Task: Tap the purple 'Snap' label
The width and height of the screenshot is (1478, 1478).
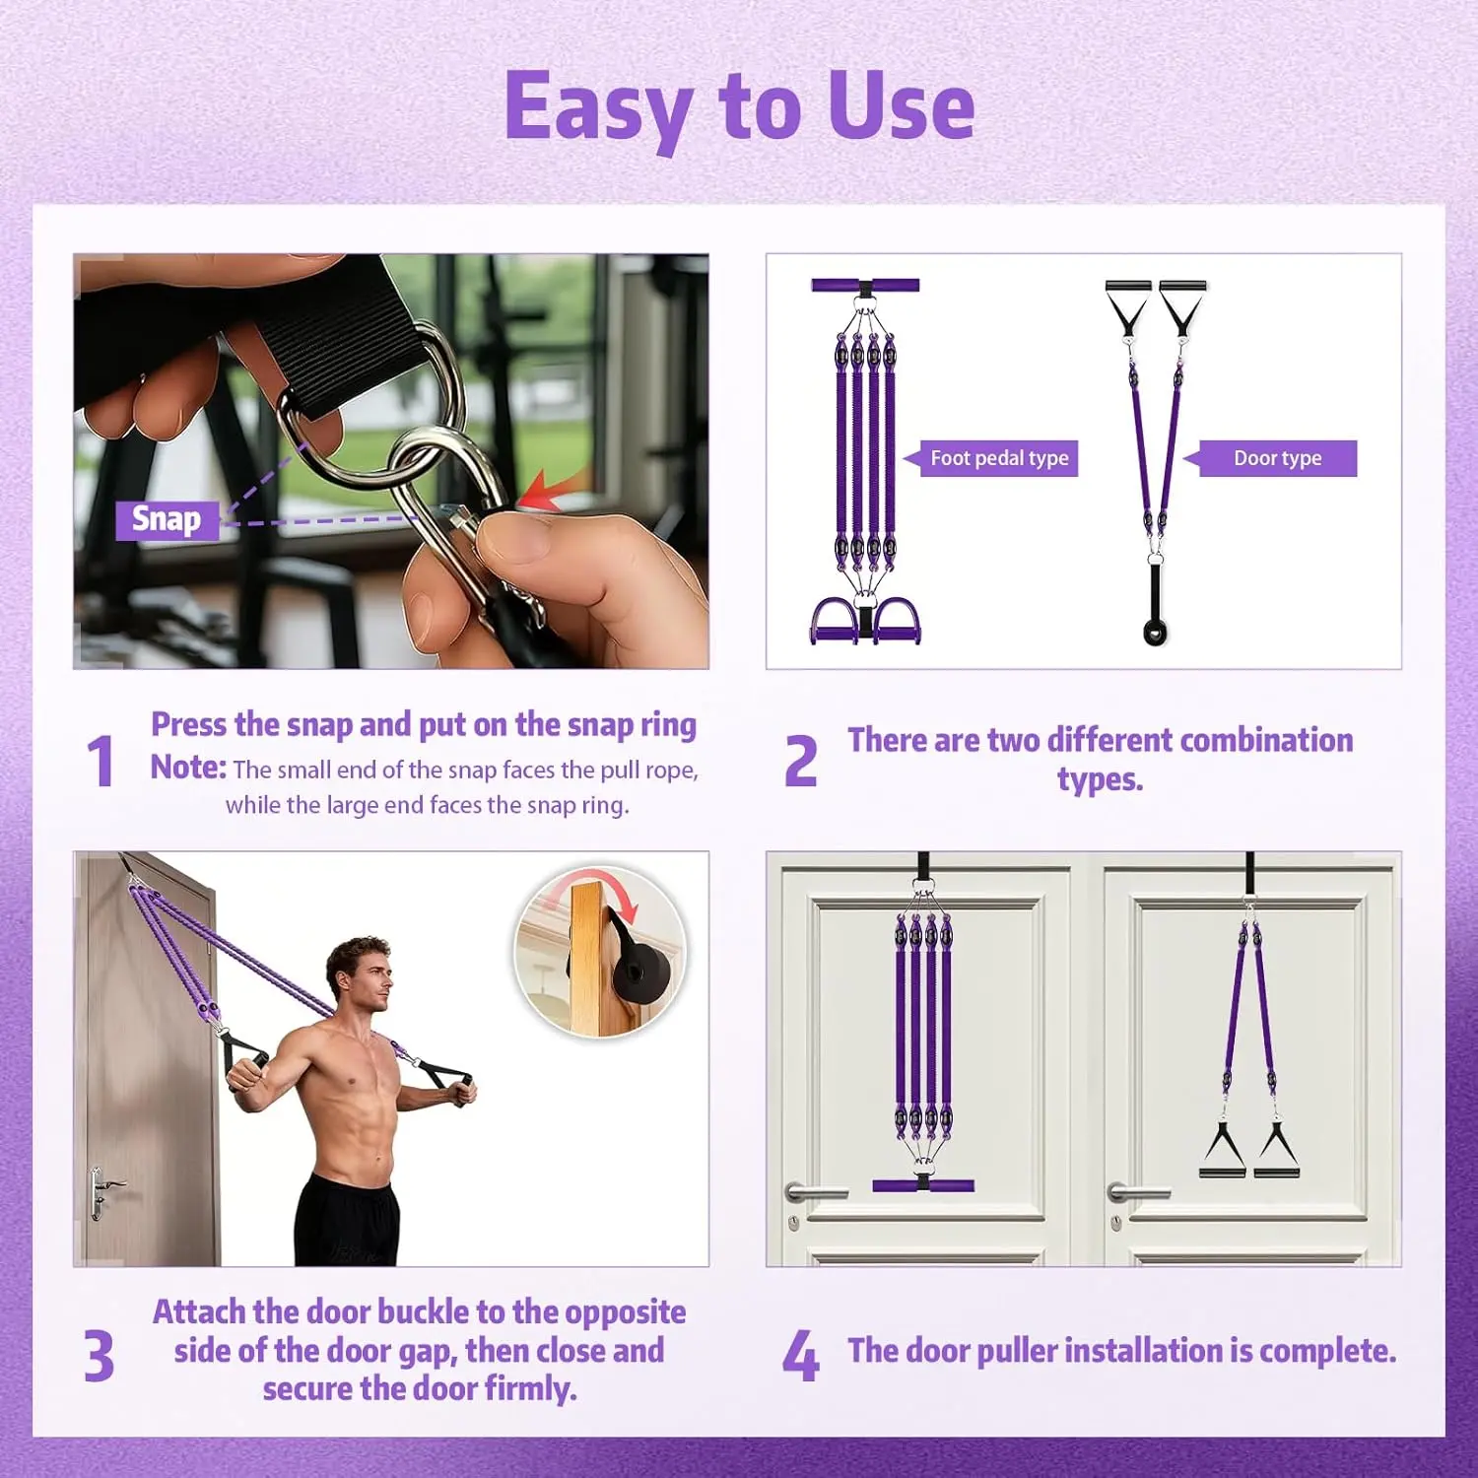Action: tap(167, 519)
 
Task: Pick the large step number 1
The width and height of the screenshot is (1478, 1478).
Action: tap(101, 762)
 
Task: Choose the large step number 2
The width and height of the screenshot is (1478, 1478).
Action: tap(801, 762)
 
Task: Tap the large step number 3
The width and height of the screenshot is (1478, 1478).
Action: tap(99, 1357)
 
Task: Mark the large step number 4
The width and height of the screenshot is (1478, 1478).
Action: tap(801, 1357)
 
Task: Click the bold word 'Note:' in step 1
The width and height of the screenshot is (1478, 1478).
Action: tap(188, 768)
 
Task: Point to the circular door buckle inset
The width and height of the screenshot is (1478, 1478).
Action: tap(600, 952)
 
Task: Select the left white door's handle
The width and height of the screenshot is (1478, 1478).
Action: tap(814, 1193)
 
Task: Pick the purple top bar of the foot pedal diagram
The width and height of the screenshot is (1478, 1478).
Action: tap(865, 286)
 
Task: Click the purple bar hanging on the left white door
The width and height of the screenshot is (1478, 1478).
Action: tap(923, 1185)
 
